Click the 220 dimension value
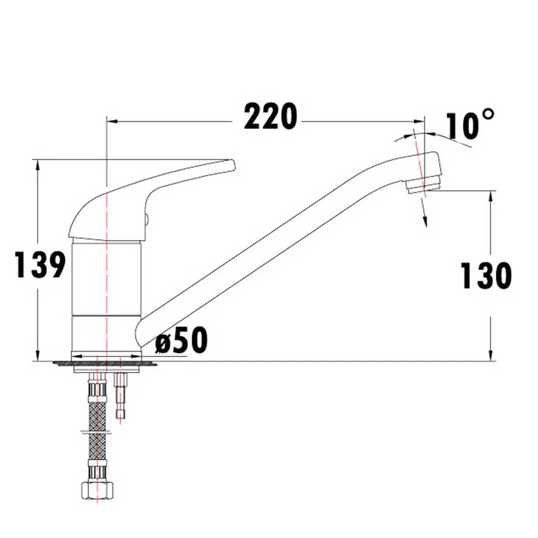click(x=270, y=117)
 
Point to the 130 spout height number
click(x=486, y=276)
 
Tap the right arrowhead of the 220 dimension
click(x=420, y=121)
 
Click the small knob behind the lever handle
click(x=146, y=218)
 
